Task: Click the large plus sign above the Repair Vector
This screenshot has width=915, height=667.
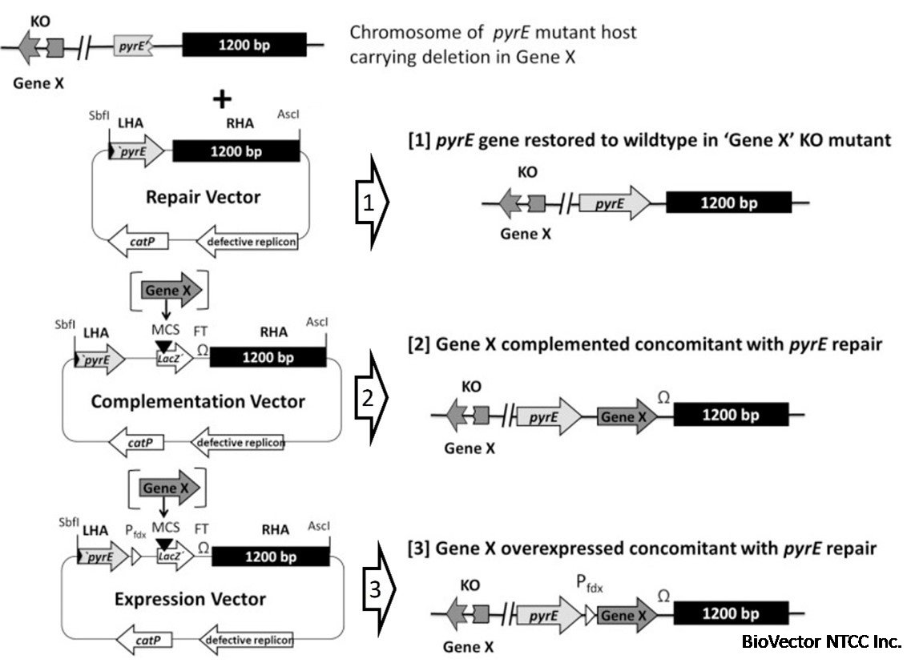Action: coord(221,99)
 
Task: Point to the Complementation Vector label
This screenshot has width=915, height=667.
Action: coord(198,400)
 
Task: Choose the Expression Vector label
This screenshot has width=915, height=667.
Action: coord(190,598)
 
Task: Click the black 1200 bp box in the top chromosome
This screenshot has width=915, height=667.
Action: coord(244,44)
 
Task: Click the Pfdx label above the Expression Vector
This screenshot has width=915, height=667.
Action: coord(135,530)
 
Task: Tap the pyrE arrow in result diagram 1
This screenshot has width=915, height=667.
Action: coord(615,203)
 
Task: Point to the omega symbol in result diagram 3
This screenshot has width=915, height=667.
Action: coord(663,594)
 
